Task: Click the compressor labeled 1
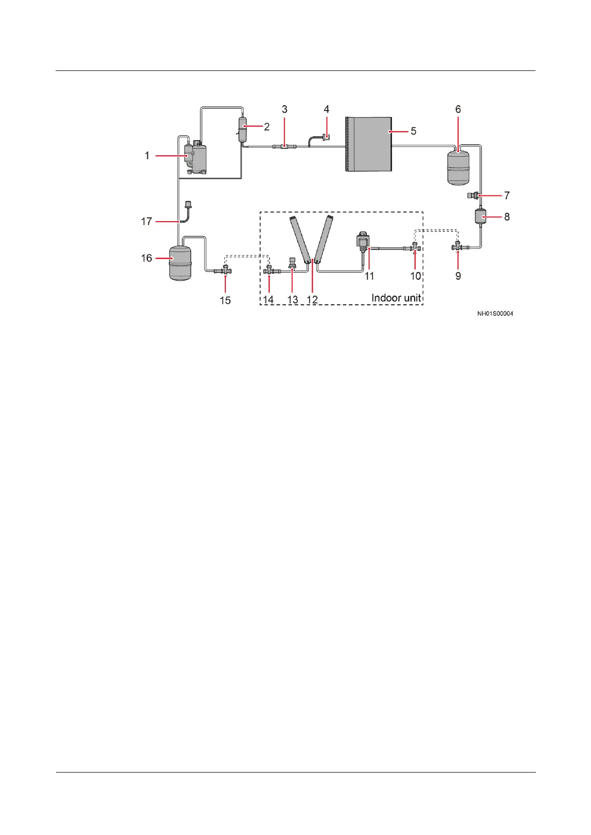tap(196, 158)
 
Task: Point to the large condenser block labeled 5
tap(368, 144)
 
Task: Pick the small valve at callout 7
tap(476, 195)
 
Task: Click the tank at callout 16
tap(180, 262)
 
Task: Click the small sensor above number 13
tap(293, 262)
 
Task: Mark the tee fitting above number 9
tap(457, 246)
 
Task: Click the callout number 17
tap(146, 221)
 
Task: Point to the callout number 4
tap(327, 109)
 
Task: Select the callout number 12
tap(312, 299)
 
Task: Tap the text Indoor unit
tap(396, 298)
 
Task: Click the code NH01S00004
tap(495, 314)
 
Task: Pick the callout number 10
tap(416, 276)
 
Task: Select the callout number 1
tap(147, 156)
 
